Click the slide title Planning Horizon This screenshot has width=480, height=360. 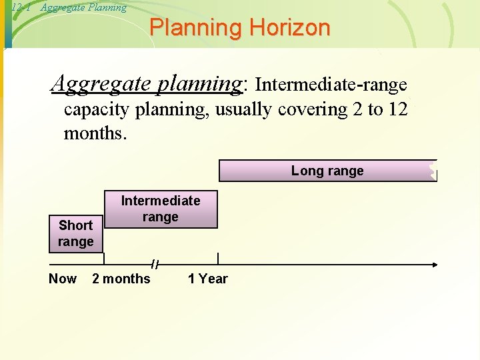(240, 28)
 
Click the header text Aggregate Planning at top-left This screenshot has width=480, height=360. (83, 8)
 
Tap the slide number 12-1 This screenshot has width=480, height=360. (21, 8)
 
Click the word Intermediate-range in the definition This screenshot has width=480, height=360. (331, 85)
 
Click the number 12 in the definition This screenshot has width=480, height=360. (397, 109)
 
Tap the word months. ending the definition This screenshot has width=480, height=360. (94, 133)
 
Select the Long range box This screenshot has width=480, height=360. (327, 171)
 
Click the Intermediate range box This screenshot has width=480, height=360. (160, 209)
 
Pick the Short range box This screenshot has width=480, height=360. (75, 233)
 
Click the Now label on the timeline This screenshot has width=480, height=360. (63, 279)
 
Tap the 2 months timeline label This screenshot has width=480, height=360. (121, 279)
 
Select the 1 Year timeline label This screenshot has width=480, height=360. (207, 279)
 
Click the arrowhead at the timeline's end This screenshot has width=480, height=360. (435, 265)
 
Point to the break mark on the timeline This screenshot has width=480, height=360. (155, 264)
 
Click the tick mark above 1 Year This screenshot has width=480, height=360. (217, 259)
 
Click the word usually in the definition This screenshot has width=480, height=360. (245, 109)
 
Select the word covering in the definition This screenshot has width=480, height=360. (312, 109)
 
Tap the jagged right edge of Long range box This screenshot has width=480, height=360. (433, 171)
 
